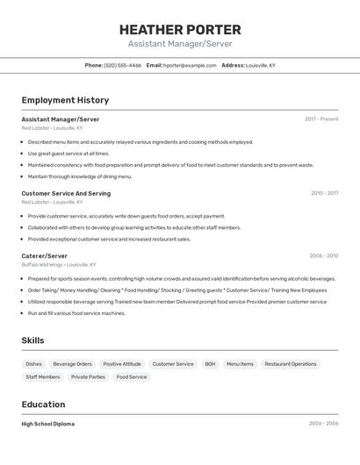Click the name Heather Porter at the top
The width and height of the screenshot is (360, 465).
[180, 30]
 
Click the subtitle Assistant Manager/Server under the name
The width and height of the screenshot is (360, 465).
[180, 44]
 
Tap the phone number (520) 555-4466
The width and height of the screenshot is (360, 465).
[123, 66]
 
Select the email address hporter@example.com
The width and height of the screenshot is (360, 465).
[190, 66]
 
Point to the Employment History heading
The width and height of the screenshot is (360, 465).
[65, 100]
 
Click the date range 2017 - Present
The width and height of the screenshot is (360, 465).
[321, 119]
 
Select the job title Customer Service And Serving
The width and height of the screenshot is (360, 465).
[66, 193]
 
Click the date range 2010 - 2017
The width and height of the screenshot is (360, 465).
[324, 193]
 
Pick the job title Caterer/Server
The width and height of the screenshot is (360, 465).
[44, 255]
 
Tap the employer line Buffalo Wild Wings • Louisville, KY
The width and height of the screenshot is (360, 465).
[59, 264]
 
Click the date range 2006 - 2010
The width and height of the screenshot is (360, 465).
[324, 255]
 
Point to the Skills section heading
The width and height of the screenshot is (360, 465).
[33, 340]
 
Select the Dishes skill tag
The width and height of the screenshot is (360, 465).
[33, 363]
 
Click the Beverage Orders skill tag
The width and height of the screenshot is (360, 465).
[72, 363]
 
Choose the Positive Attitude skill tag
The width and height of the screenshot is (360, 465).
[122, 363]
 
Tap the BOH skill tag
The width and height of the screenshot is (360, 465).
[210, 363]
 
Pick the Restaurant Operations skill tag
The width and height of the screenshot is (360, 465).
[291, 363]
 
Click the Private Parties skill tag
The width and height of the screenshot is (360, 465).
[88, 377]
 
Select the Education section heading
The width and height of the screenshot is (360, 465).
[44, 404]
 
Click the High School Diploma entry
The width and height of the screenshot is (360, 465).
[48, 424]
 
